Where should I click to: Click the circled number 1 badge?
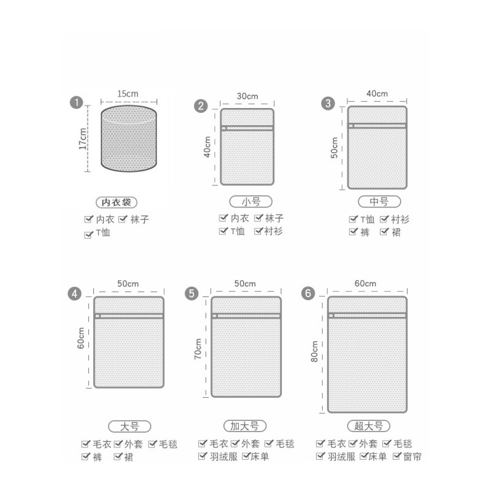[76, 102]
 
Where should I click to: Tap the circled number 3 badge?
[328, 103]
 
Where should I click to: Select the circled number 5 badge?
[191, 294]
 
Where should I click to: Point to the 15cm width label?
[128, 94]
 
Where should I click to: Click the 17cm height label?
[83, 139]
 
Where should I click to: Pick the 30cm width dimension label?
[247, 96]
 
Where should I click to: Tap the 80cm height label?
[314, 351]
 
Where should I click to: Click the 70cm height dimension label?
[198, 349]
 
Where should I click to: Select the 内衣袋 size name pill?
[117, 203]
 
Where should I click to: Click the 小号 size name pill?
[251, 201]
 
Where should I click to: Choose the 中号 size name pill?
[379, 201]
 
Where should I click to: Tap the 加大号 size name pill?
[245, 426]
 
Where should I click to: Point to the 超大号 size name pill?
[369, 426]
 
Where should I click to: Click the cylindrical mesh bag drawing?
[129, 139]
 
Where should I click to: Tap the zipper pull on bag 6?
[331, 315]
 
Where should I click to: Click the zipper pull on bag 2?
[224, 128]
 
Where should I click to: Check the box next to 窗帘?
[396, 456]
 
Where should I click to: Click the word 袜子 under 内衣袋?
[140, 219]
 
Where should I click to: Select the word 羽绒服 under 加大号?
[223, 457]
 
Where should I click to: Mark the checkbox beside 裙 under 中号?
[384, 232]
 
